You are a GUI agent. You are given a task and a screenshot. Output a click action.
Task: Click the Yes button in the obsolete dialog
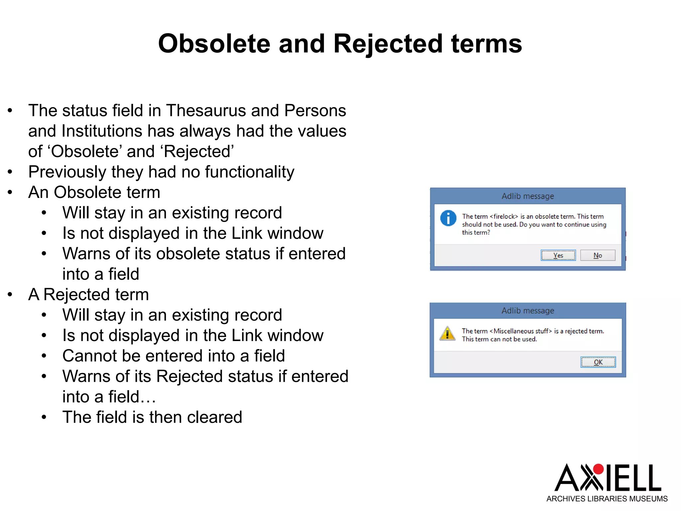click(558, 255)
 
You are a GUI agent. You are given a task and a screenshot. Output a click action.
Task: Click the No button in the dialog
click(598, 255)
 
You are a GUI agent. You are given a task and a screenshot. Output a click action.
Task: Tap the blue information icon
click(448, 218)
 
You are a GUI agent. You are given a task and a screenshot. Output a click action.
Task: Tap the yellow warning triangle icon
click(448, 333)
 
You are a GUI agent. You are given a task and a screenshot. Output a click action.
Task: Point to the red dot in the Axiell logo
click(598, 469)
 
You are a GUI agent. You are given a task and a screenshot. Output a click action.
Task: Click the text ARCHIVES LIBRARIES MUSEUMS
click(607, 499)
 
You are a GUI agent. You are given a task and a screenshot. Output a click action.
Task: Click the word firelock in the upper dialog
click(504, 217)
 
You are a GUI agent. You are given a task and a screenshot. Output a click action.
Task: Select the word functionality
click(249, 172)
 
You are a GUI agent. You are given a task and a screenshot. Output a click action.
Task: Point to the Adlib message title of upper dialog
click(528, 196)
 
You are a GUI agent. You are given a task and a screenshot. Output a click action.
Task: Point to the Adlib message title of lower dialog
click(528, 311)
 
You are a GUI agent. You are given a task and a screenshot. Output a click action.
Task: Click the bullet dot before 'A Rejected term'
click(10, 294)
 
